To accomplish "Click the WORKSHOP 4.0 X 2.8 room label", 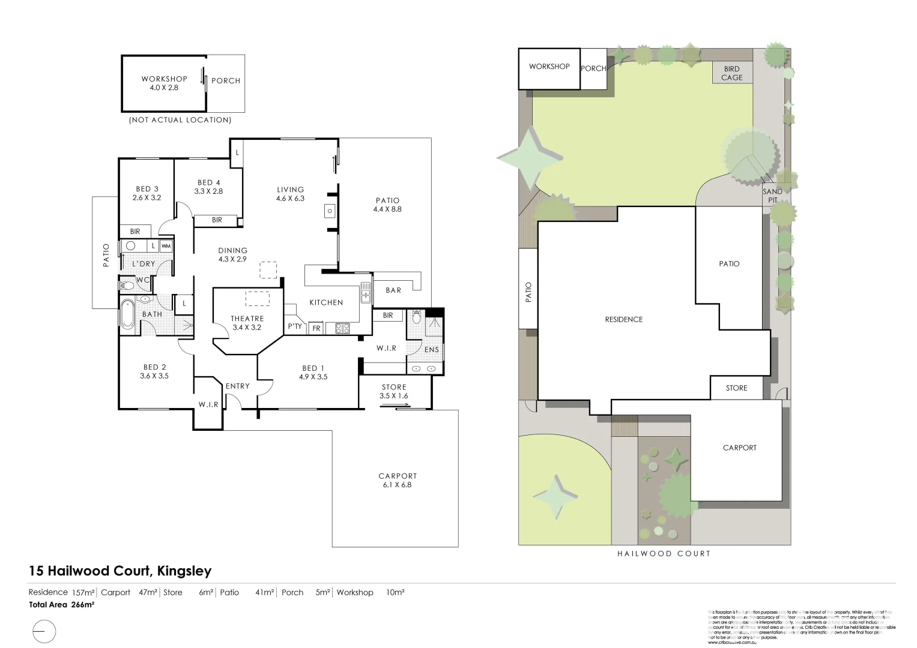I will click(164, 83).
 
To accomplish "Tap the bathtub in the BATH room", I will click(127, 314).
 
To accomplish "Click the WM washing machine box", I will click(166, 246).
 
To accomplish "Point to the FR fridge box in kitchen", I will click(316, 328).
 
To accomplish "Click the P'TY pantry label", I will click(295, 326).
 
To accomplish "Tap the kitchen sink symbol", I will click(365, 294).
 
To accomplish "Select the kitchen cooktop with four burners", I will click(342, 328).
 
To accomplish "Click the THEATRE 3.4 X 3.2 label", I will click(247, 323).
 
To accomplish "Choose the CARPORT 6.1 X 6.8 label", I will click(398, 480).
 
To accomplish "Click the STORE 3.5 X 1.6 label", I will click(393, 391).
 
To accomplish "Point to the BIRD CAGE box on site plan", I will click(731, 73).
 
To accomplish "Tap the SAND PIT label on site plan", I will click(772, 196).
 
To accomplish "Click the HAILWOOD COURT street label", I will click(664, 553).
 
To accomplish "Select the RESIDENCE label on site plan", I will click(623, 319).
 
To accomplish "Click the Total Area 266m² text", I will click(61, 605).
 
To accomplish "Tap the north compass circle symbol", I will click(43, 632).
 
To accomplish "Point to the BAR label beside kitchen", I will click(393, 290).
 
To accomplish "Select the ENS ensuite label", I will click(431, 349).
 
